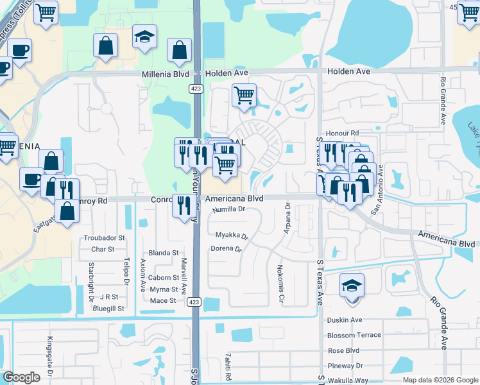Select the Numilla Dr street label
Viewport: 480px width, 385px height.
(229, 209)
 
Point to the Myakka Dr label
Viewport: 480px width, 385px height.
(232, 235)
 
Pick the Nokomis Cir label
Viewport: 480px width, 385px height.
(280, 283)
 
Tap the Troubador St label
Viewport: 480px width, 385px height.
(99, 238)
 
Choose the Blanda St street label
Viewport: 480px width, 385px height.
(163, 253)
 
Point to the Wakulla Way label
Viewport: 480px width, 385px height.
(347, 381)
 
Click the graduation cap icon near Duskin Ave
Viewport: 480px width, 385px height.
(352, 285)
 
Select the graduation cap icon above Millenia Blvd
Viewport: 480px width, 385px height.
(145, 37)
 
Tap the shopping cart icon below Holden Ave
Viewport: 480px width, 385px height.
(244, 96)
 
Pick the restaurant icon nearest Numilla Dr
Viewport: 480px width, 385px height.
(184, 205)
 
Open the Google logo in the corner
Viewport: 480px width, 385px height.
(22, 378)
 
